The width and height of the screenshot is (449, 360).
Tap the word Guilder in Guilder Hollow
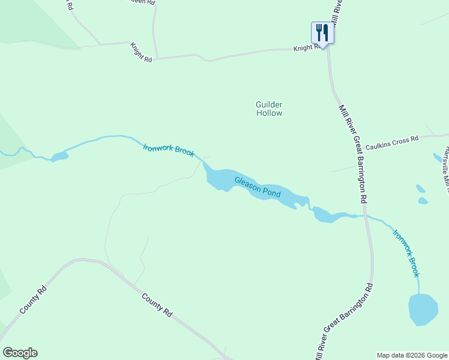coord(269,104)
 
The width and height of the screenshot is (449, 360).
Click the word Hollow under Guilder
coord(269,113)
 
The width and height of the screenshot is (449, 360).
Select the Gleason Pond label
coord(258,188)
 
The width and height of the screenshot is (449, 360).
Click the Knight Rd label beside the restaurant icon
coord(307,47)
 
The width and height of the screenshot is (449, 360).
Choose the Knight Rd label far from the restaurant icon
coord(142,51)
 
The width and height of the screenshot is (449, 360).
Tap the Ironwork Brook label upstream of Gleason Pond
coord(169,149)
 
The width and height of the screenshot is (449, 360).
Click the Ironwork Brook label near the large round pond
coord(406,253)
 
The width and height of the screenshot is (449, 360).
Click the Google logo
coord(20,353)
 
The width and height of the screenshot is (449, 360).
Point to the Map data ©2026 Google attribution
coord(412,355)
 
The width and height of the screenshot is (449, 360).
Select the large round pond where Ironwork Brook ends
coord(423,310)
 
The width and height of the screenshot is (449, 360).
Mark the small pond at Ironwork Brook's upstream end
coord(59,157)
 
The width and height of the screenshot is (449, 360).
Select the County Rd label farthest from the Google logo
coord(158,305)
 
